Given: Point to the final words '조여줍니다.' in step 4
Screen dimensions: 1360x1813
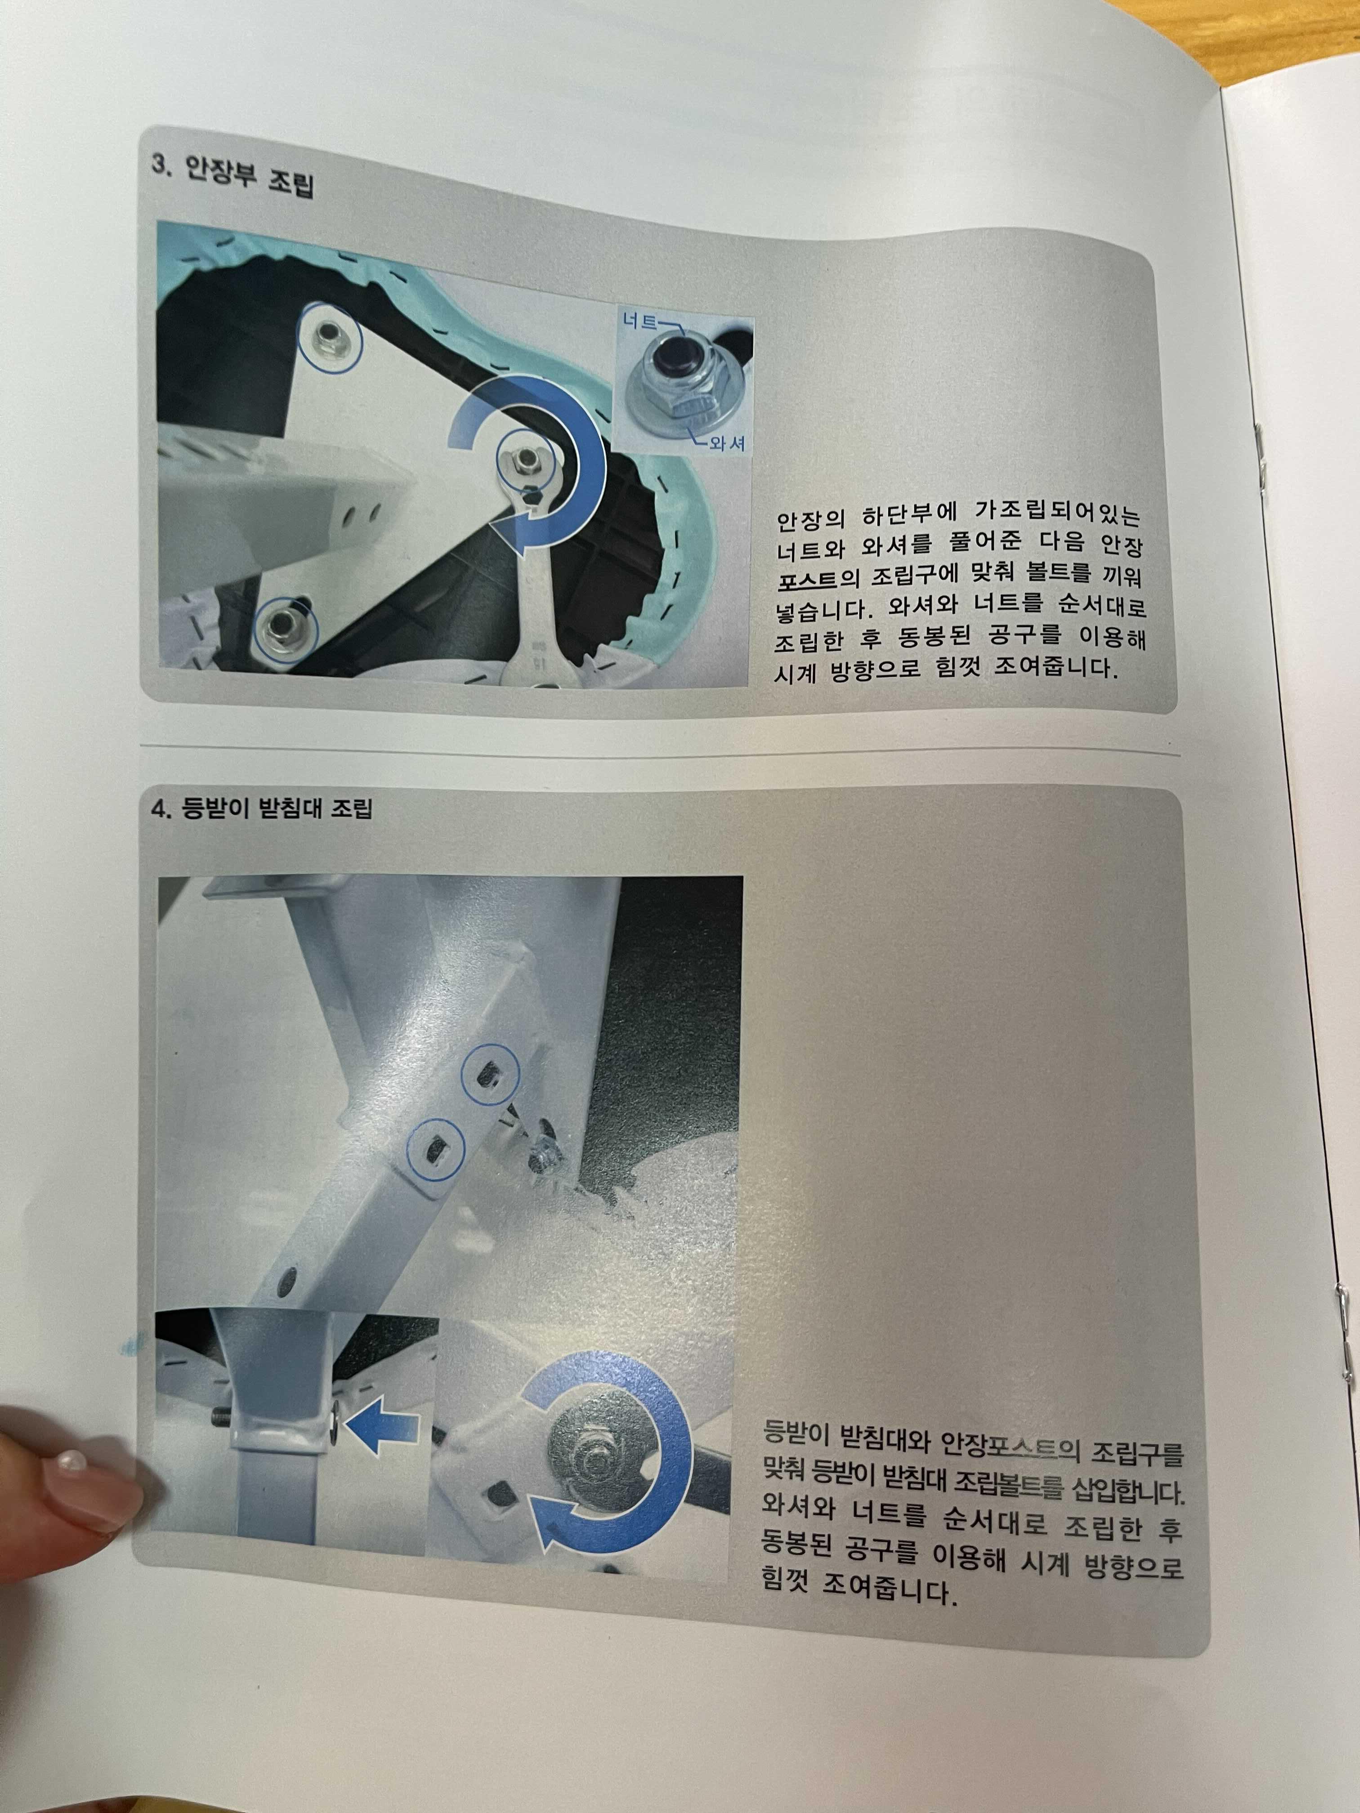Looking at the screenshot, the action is pyautogui.click(x=887, y=1591).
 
